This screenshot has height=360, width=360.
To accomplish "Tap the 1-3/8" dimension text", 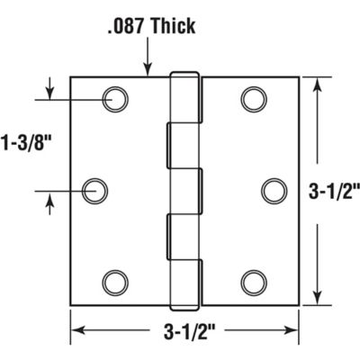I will pos(24,141).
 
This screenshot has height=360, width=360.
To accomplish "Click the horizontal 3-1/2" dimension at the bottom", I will pos(185,331).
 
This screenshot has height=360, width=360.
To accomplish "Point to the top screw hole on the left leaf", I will pos(113,99).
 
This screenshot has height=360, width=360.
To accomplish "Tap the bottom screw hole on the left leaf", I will pos(113,282).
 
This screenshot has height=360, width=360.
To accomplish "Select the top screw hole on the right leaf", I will pos(252,99).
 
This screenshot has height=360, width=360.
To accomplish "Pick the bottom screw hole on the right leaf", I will pos(252,282).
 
